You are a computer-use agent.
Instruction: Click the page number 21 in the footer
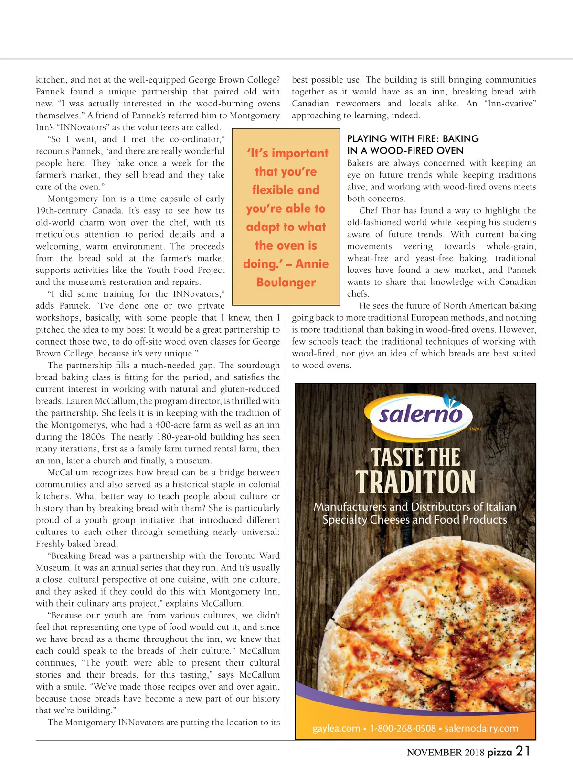pos(523,752)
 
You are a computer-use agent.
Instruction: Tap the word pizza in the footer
pos(499,753)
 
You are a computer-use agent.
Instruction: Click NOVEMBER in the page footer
pos(434,753)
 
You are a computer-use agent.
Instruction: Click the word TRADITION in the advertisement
pos(415,482)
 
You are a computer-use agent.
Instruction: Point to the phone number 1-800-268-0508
pos(403,729)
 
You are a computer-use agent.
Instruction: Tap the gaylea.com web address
pos(336,729)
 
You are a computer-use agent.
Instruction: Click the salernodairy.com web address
pos(481,729)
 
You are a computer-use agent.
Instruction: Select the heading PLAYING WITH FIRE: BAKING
pos(413,139)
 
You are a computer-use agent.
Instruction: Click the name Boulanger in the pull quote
pos(286,283)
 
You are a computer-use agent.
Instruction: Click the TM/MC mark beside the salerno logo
pos(476,429)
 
